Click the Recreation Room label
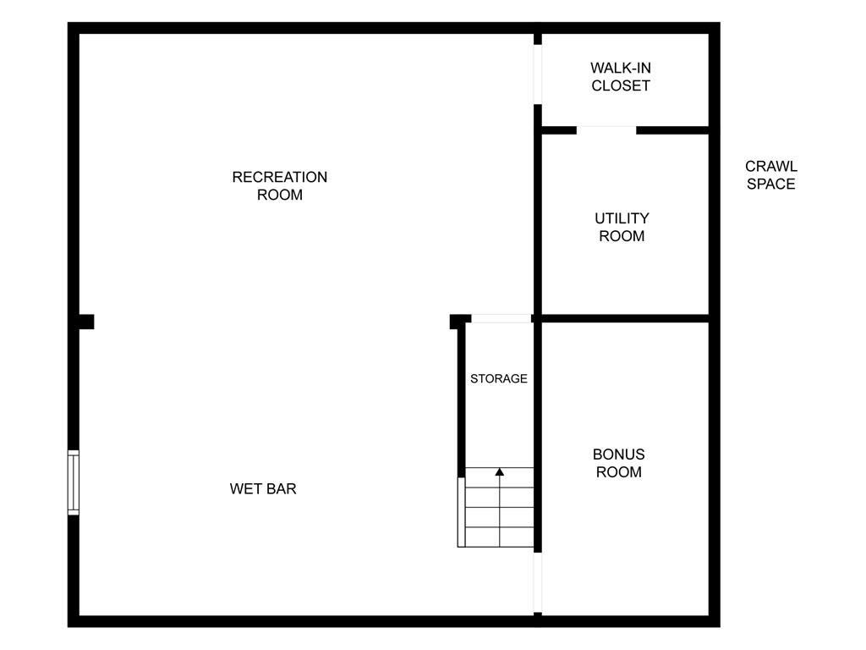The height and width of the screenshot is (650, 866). point(279,185)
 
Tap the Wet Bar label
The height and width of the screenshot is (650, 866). point(263,488)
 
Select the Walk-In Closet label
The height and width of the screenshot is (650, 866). point(621,77)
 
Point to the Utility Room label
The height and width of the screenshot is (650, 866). point(622,227)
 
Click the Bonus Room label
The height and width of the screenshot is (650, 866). point(618,463)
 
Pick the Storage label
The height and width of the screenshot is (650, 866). point(499,378)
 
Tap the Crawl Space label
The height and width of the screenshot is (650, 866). point(771,175)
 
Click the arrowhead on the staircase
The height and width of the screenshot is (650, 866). point(500,472)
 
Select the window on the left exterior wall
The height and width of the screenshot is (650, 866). point(74,482)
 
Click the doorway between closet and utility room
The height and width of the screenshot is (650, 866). point(606,130)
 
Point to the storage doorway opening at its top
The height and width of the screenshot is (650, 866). point(501,318)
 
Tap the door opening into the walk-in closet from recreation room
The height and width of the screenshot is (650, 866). point(537,74)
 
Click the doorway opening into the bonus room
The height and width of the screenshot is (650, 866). point(537,582)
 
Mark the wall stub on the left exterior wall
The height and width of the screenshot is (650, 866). point(86,322)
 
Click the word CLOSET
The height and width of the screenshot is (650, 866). point(621,85)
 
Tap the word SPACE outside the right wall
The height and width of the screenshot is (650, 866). point(771,184)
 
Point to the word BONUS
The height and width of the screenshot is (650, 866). point(618,454)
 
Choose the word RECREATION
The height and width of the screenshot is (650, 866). point(279,177)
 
